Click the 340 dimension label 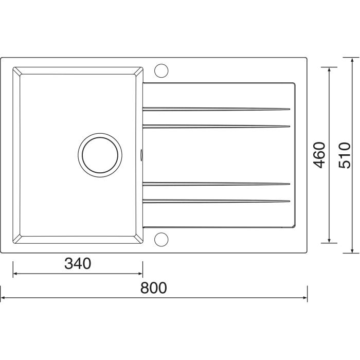click(78, 263)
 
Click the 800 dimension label click(153, 288)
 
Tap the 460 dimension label click(319, 155)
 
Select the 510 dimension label click(345, 155)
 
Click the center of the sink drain click(100, 155)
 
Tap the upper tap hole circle click(161, 70)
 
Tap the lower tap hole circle click(161, 240)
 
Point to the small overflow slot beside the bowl click(141, 155)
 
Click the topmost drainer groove click(217, 109)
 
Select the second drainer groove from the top click(217, 127)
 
